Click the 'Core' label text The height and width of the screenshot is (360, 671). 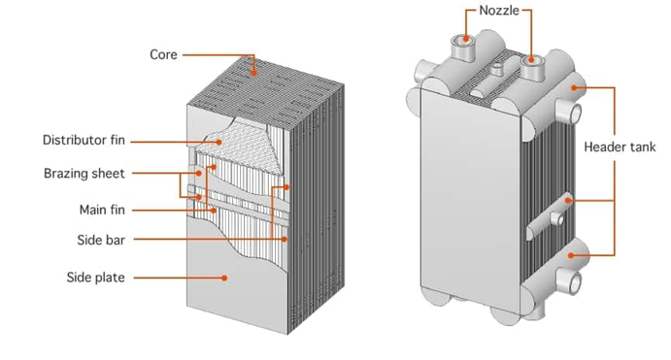tap(163, 54)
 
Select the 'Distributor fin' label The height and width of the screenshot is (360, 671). tap(84, 141)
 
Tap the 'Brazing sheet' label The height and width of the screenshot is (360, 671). tap(84, 174)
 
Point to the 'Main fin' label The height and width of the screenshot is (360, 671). tap(102, 210)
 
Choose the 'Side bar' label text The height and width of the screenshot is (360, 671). tap(101, 240)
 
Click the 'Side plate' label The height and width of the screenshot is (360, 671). tap(96, 278)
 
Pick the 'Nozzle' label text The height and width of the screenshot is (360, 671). tap(499, 11)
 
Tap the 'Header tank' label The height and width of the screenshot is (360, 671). tap(620, 147)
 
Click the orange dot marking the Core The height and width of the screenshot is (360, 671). tap(253, 73)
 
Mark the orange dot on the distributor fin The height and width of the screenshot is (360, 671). tap(219, 142)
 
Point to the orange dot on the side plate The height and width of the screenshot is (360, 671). tap(224, 278)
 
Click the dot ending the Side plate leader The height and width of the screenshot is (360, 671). tap(224, 278)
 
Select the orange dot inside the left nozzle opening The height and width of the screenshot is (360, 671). tap(466, 40)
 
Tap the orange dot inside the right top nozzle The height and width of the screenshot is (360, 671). tap(531, 60)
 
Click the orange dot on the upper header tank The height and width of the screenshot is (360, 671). tap(574, 87)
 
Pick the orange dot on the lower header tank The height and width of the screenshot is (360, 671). tap(570, 255)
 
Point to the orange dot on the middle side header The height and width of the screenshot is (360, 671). tap(568, 200)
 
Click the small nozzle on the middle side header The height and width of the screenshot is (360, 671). tap(557, 218)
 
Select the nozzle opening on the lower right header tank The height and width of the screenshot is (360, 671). tap(576, 282)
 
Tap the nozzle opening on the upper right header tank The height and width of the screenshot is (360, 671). tap(576, 115)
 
